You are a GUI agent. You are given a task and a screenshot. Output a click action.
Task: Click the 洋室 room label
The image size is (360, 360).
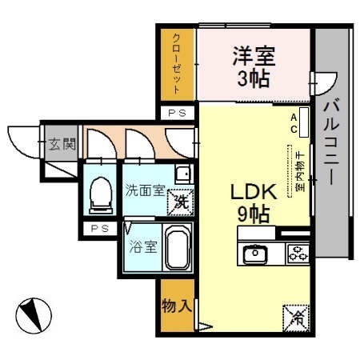pyautogui.click(x=254, y=56)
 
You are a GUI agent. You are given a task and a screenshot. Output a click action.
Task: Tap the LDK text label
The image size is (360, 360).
pyautogui.click(x=254, y=192)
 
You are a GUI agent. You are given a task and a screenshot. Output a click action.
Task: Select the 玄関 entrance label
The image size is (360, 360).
pyautogui.click(x=62, y=144)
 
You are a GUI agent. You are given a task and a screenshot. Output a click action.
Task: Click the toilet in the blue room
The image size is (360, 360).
pyautogui.click(x=101, y=195)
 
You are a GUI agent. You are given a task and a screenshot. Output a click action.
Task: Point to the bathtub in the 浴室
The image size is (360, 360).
pyautogui.click(x=178, y=246)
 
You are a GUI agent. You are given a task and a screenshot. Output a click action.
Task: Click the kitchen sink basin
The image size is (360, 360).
pyautogui.click(x=255, y=253)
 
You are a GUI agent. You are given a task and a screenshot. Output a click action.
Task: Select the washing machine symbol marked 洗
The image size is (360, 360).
pyautogui.click(x=181, y=202)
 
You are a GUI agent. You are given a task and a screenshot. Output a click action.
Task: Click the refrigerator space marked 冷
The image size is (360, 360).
pyautogui.click(x=296, y=318)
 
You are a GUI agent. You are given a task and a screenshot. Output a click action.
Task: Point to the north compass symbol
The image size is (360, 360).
pyautogui.click(x=34, y=315)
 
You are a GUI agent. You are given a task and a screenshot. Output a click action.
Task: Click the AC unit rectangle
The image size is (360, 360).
pyautogui.click(x=304, y=122)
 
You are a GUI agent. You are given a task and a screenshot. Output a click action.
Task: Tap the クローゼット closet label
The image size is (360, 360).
pyautogui.click(x=177, y=64)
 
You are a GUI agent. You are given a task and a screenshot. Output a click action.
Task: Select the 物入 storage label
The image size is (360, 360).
pyautogui.click(x=177, y=306)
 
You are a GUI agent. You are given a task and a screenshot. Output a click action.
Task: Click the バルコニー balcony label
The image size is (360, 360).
pyautogui.click(x=332, y=142)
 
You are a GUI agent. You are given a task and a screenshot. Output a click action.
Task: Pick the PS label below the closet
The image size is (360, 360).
pyautogui.click(x=178, y=114)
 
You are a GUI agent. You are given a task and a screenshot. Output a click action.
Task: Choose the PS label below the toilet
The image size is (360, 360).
pyautogui.click(x=100, y=229)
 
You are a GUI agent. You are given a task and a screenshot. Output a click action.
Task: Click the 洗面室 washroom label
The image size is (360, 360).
pyautogui.click(x=145, y=190)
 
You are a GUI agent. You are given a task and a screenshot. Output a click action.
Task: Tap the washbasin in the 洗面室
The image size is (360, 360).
pyautogui.click(x=184, y=174)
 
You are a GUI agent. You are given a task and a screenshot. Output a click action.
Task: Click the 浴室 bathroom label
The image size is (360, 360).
pyautogui.click(x=143, y=246)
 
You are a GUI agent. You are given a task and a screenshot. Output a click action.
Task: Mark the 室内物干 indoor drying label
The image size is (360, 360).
pyautogui.click(x=301, y=171)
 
